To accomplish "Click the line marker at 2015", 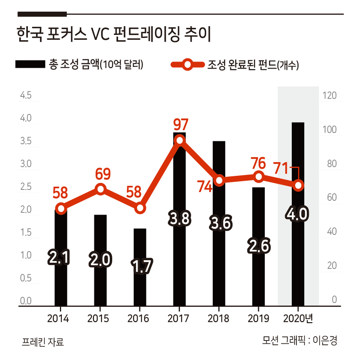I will click(101, 189).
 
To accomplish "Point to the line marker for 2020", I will click(298, 185).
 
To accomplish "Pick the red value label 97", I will click(181, 124).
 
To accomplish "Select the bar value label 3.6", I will click(219, 223).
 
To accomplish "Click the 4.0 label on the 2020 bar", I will click(298, 214).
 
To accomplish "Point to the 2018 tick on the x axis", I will click(219, 319).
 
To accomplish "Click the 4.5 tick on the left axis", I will click(26, 96).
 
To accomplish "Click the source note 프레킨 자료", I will click(43, 342).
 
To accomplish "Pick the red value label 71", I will click(281, 169).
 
